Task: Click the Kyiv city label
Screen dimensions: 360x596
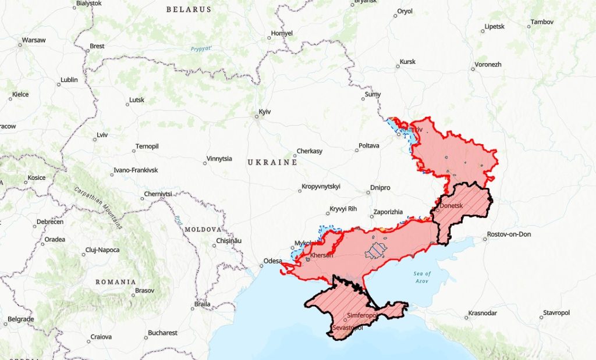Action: (x=265, y=111)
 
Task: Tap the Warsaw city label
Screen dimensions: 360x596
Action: (x=33, y=40)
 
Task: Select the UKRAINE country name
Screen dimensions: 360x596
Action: (x=272, y=162)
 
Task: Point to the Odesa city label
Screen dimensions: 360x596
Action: (x=273, y=261)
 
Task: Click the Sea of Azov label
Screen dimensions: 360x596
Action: (x=423, y=277)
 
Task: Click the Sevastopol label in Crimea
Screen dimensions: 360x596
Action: (x=347, y=328)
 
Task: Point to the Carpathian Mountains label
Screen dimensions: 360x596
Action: (x=98, y=207)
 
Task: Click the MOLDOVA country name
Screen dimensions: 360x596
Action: (x=203, y=229)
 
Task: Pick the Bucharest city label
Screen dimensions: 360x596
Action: (x=162, y=333)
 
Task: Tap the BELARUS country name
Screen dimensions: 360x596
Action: (x=189, y=9)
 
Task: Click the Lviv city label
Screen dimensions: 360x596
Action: (x=102, y=135)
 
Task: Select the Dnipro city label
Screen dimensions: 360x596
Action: (x=380, y=188)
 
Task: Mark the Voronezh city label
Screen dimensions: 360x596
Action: (x=488, y=64)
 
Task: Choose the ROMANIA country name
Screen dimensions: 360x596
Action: (x=116, y=281)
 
